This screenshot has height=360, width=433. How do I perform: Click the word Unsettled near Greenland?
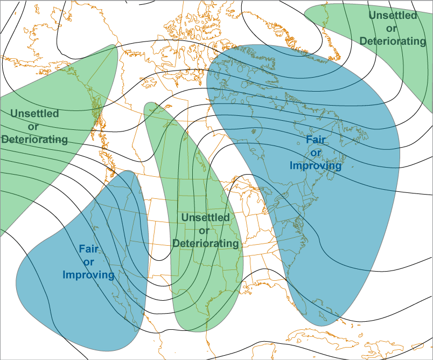pos(393,16)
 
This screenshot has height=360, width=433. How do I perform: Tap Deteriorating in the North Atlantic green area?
pos(393,40)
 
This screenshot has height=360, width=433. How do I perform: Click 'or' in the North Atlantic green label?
pos(393,28)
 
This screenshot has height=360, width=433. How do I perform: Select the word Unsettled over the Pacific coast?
pos(34,114)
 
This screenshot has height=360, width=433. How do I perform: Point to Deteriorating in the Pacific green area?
pos(34,140)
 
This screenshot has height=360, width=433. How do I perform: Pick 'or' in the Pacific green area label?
pos(34,127)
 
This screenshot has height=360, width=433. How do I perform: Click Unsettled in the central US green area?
pos(205,218)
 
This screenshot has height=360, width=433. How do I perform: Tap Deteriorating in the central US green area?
pos(205,243)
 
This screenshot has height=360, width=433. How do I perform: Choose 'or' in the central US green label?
pos(205,231)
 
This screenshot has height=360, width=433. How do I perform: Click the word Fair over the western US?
pos(88,249)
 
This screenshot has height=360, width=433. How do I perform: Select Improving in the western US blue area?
pos(88,275)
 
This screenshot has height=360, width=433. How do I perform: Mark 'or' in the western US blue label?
pos(88,262)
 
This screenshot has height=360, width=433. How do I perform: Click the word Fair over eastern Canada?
pos(316,140)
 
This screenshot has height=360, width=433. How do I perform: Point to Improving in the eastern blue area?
pos(316,165)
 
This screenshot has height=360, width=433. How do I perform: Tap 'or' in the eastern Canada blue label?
pos(316,153)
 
